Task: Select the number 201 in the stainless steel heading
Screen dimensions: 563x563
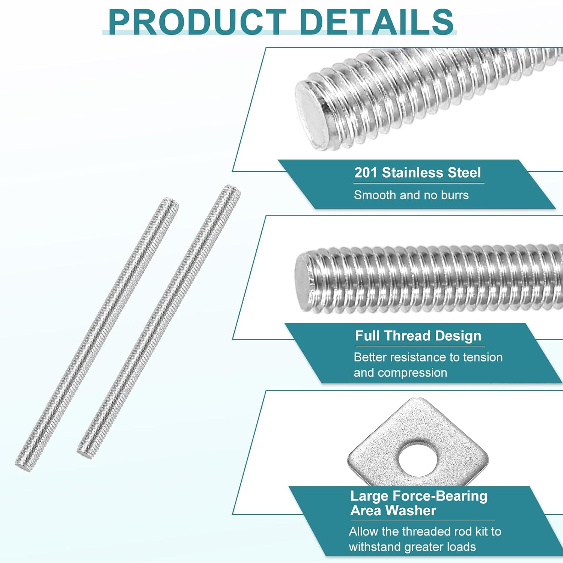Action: coord(366,173)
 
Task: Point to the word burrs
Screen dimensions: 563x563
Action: coord(455,195)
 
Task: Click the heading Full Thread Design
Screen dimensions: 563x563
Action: coord(418,336)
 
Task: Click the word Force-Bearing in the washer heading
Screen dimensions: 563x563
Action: coord(440,496)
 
